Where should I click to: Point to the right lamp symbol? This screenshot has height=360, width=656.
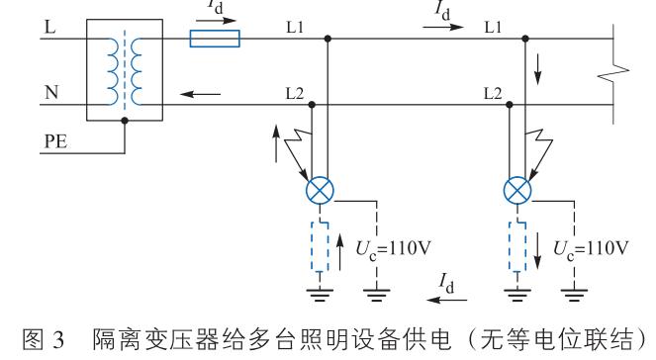515,187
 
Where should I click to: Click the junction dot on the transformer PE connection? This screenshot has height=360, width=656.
124,122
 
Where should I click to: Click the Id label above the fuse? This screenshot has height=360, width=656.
216,9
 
